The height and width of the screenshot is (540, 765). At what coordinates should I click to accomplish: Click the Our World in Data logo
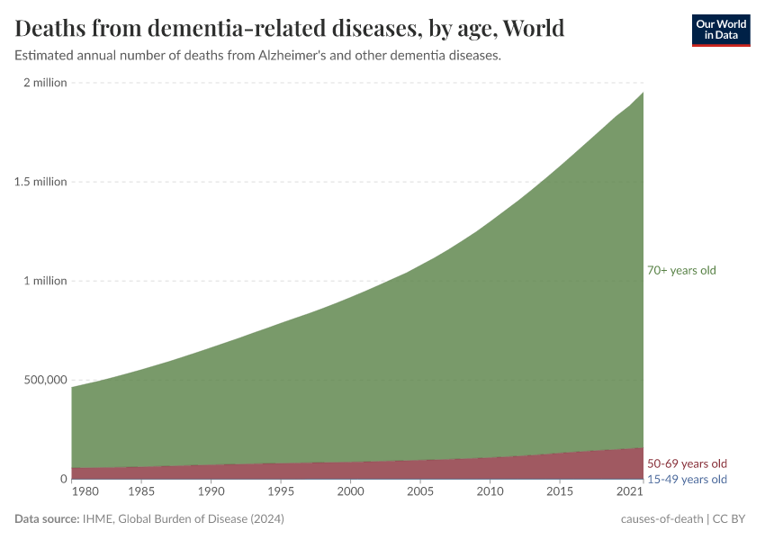[720, 30]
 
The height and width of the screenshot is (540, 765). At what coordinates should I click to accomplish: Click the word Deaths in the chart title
[52, 29]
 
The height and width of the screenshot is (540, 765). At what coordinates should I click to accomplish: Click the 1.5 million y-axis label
[40, 182]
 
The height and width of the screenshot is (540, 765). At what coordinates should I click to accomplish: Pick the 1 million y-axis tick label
[44, 281]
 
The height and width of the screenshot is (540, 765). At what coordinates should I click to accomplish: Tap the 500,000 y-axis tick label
[43, 380]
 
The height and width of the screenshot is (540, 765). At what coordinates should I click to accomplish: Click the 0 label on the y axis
[63, 479]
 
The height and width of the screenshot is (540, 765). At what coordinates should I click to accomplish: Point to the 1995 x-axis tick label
[281, 492]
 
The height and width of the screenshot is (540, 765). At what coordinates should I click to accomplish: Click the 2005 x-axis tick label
[420, 492]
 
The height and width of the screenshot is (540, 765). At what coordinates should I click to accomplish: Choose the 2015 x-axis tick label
[560, 492]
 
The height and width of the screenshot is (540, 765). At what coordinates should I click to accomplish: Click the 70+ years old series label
[681, 270]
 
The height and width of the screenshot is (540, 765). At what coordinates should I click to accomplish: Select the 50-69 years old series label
[687, 463]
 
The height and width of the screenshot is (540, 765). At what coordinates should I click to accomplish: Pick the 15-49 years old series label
[687, 479]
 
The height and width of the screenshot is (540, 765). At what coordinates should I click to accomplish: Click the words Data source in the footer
[45, 519]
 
